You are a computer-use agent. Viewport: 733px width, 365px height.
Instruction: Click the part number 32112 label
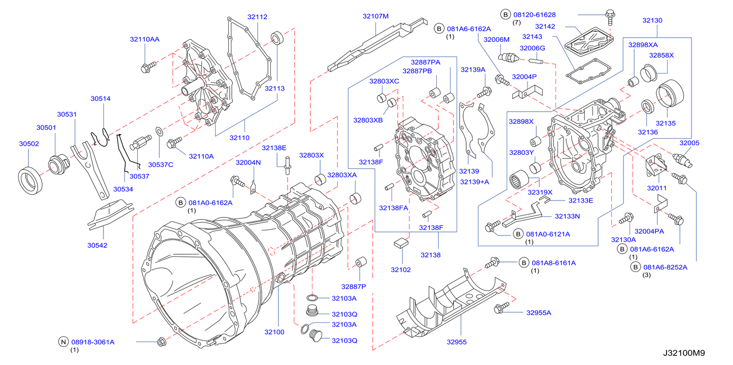tap(257, 17)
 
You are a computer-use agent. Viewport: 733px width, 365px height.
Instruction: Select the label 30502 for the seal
tap(29, 144)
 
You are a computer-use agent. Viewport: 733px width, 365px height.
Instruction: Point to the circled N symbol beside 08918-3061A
tap(63, 342)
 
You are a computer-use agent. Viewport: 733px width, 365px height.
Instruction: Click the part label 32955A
tap(538, 313)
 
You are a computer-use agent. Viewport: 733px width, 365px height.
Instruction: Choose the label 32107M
tap(375, 16)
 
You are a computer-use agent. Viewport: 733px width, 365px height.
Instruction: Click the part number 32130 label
tap(652, 21)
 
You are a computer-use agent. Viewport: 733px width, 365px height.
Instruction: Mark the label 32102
tap(401, 270)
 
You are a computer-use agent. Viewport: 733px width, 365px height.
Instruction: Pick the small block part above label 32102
tap(402, 242)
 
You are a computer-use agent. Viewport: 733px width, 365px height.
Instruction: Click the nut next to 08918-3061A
tap(161, 342)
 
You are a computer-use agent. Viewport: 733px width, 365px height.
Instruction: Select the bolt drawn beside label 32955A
tap(501, 307)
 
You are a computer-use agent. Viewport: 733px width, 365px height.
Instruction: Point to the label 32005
tap(689, 143)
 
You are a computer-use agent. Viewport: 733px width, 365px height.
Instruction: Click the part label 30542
tap(97, 245)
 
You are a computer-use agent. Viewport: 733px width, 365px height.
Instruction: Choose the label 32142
tap(545, 26)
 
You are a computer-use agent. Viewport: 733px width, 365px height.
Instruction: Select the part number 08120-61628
tap(534, 14)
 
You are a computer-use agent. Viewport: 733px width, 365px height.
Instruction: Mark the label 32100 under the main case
tap(274, 332)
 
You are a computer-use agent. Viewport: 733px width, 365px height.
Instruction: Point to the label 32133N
tap(567, 216)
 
